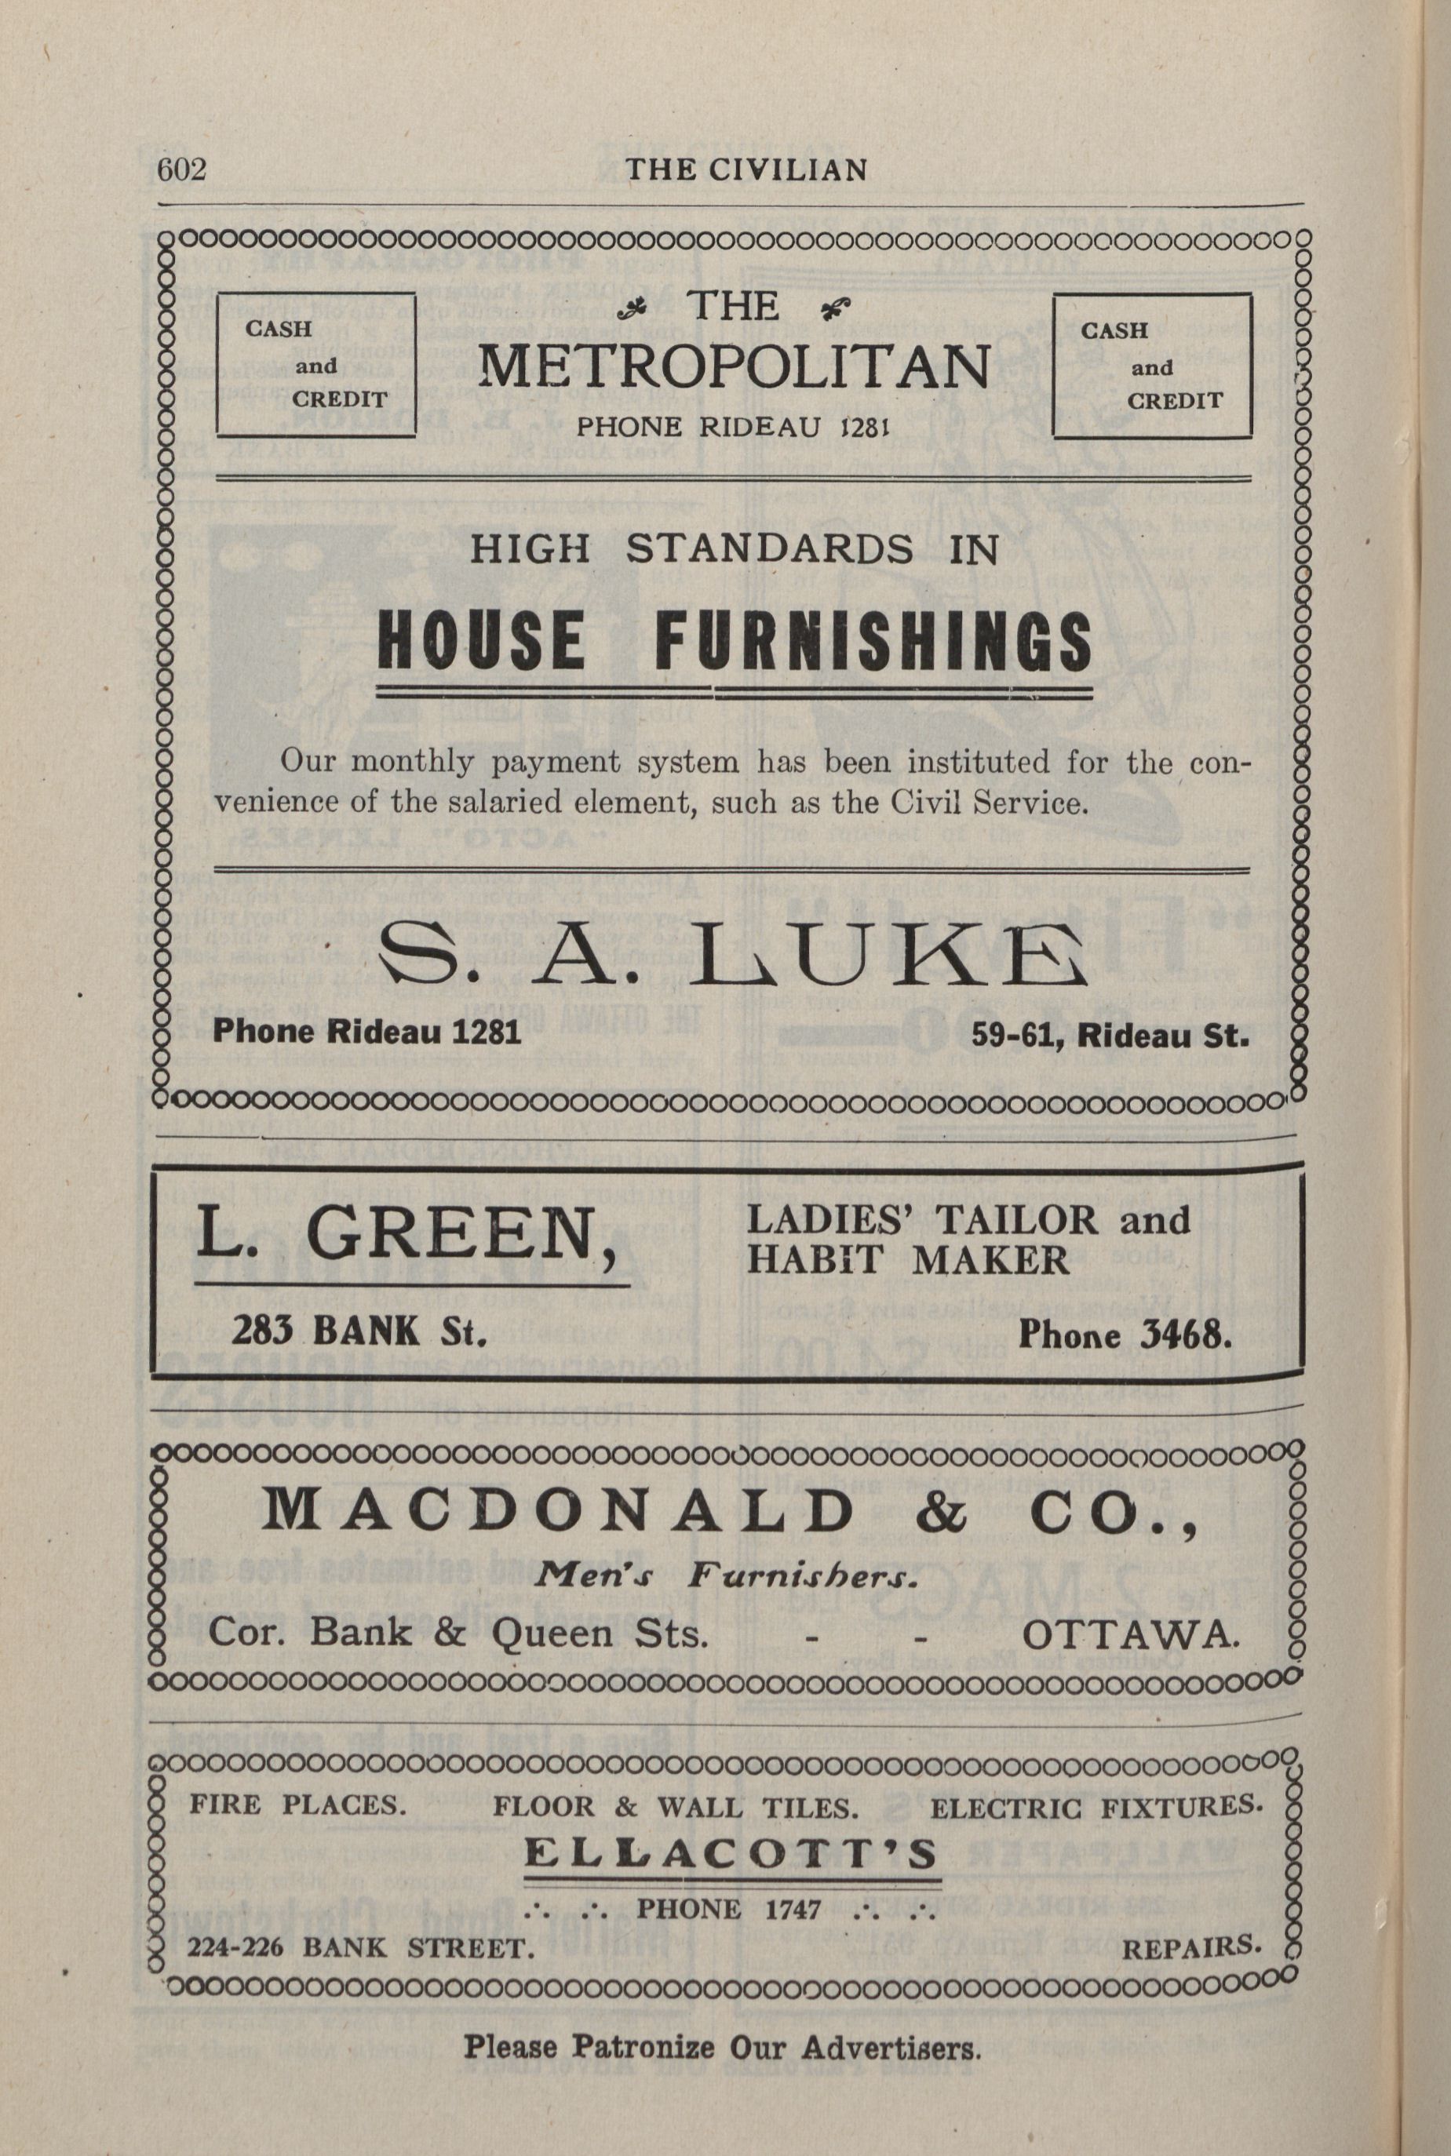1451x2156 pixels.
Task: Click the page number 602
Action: coord(181,170)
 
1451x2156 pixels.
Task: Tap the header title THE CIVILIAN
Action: coord(746,170)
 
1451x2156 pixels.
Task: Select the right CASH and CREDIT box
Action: coord(1151,366)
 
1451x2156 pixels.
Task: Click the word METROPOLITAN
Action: coord(733,366)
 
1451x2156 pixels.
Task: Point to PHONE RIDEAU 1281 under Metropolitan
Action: coord(733,426)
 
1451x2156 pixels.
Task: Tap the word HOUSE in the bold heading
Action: coord(481,642)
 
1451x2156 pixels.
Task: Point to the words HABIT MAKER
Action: coord(907,1260)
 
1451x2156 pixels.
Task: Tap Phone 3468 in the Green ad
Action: coord(1125,1335)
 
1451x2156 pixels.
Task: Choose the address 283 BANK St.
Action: coord(359,1332)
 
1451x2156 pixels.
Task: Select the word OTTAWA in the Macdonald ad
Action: coord(1130,1635)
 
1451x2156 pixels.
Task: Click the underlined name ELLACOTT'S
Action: coord(731,1854)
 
